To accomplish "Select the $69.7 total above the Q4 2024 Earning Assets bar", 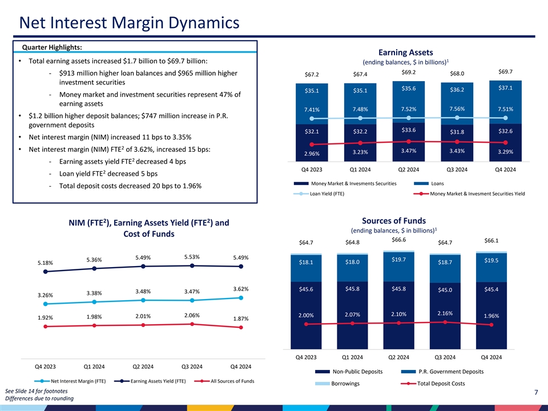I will (505, 71).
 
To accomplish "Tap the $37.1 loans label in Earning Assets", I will (505, 88).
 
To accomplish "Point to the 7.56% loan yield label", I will (457, 109).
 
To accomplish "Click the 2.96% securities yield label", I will (311, 154).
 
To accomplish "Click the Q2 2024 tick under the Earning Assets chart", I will (409, 169).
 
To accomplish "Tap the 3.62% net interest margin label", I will (240, 289).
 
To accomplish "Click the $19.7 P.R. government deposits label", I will (399, 260).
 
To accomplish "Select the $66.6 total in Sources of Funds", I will (399, 240).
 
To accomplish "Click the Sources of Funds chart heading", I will (394, 221).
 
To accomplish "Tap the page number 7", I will (536, 393).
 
